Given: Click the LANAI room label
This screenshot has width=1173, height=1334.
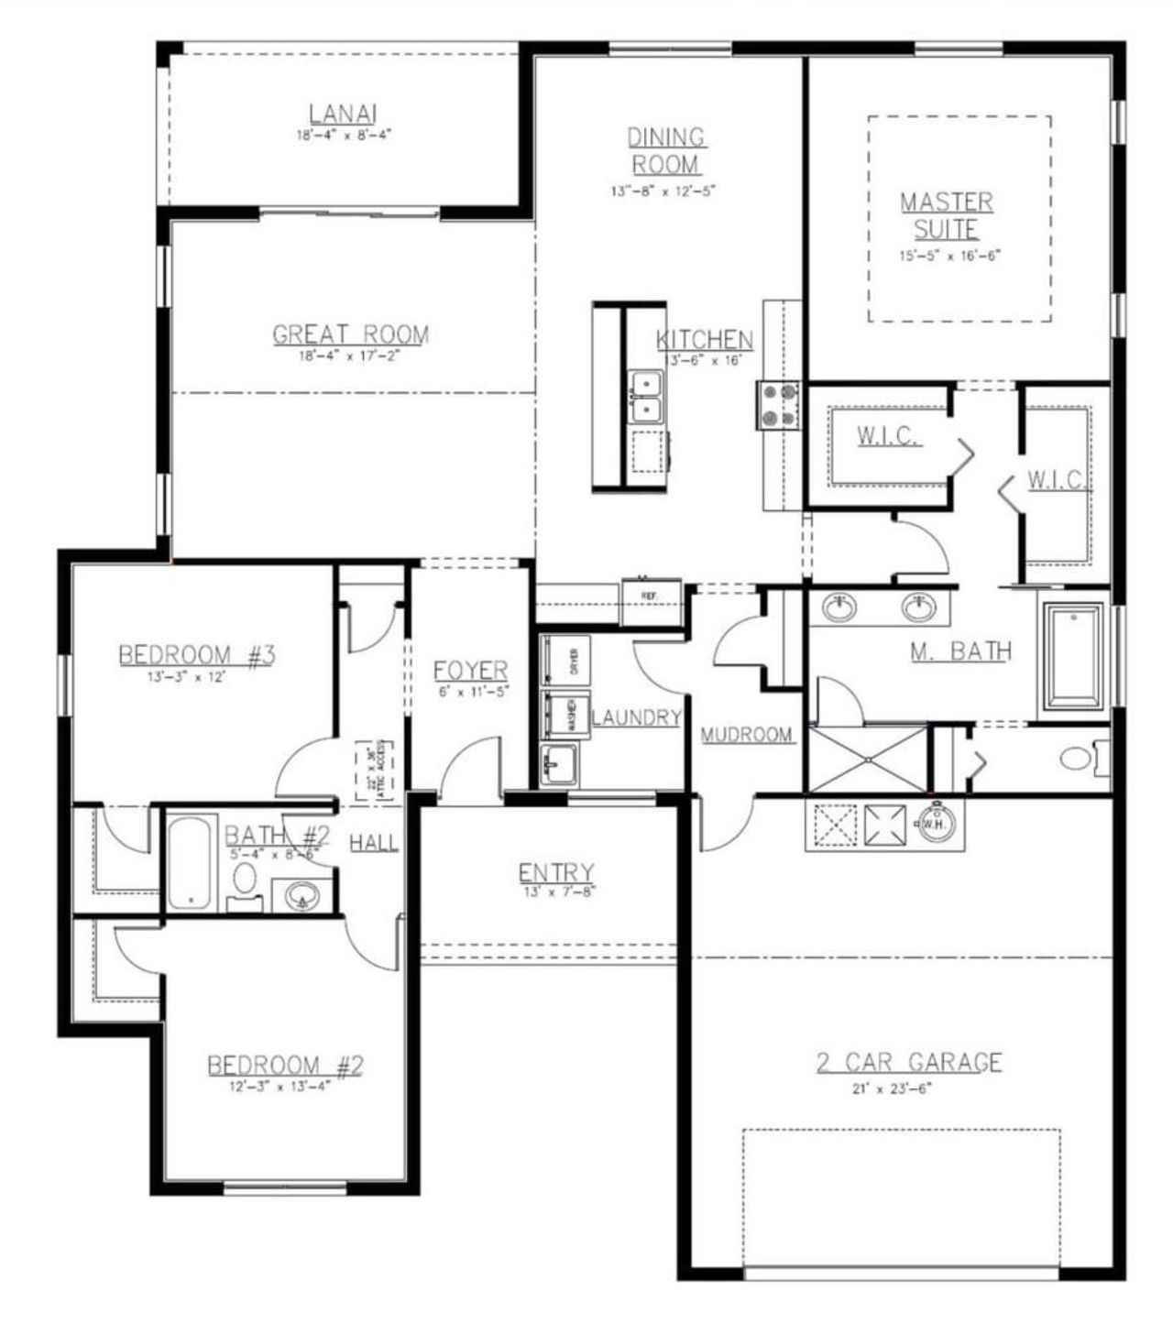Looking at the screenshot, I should (x=343, y=115).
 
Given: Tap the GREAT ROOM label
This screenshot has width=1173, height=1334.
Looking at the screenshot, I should (x=350, y=334).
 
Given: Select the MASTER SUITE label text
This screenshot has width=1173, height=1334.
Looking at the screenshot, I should (x=947, y=215).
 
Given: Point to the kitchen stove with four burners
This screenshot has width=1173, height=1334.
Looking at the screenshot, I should (x=777, y=405).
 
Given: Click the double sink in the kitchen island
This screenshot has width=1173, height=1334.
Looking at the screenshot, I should (x=647, y=396).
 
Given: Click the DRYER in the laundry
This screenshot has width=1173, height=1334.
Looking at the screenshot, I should (x=565, y=660).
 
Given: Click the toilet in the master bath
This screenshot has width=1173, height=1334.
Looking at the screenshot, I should (x=1079, y=758).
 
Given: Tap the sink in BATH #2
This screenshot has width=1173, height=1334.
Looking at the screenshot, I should (x=301, y=894).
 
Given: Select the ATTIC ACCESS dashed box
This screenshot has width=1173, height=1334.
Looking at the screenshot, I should (x=374, y=770).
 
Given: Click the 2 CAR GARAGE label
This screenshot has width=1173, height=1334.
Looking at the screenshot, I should (x=909, y=1063).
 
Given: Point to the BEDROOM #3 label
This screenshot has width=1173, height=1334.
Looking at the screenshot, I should (x=197, y=655).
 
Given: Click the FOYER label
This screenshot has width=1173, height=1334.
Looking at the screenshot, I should (x=471, y=671).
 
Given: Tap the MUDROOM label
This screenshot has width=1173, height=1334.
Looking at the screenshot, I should (x=747, y=735).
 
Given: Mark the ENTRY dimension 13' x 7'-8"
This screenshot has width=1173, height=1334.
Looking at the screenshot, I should (x=555, y=891).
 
